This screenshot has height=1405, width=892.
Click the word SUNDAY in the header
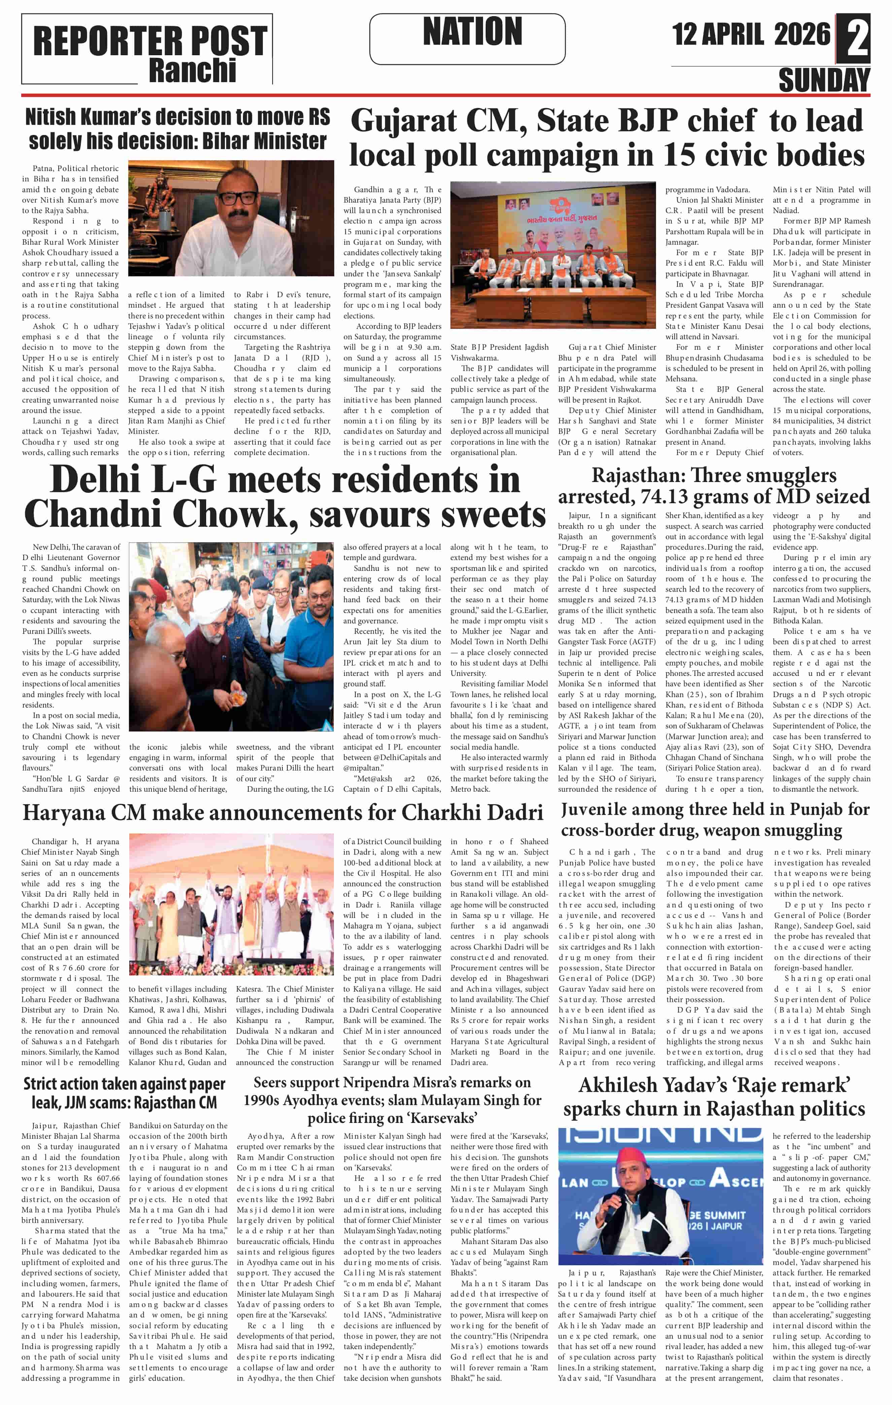coord(824,80)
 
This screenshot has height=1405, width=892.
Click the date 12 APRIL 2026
coord(751,34)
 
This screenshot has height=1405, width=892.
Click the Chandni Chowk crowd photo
coord(231,637)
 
